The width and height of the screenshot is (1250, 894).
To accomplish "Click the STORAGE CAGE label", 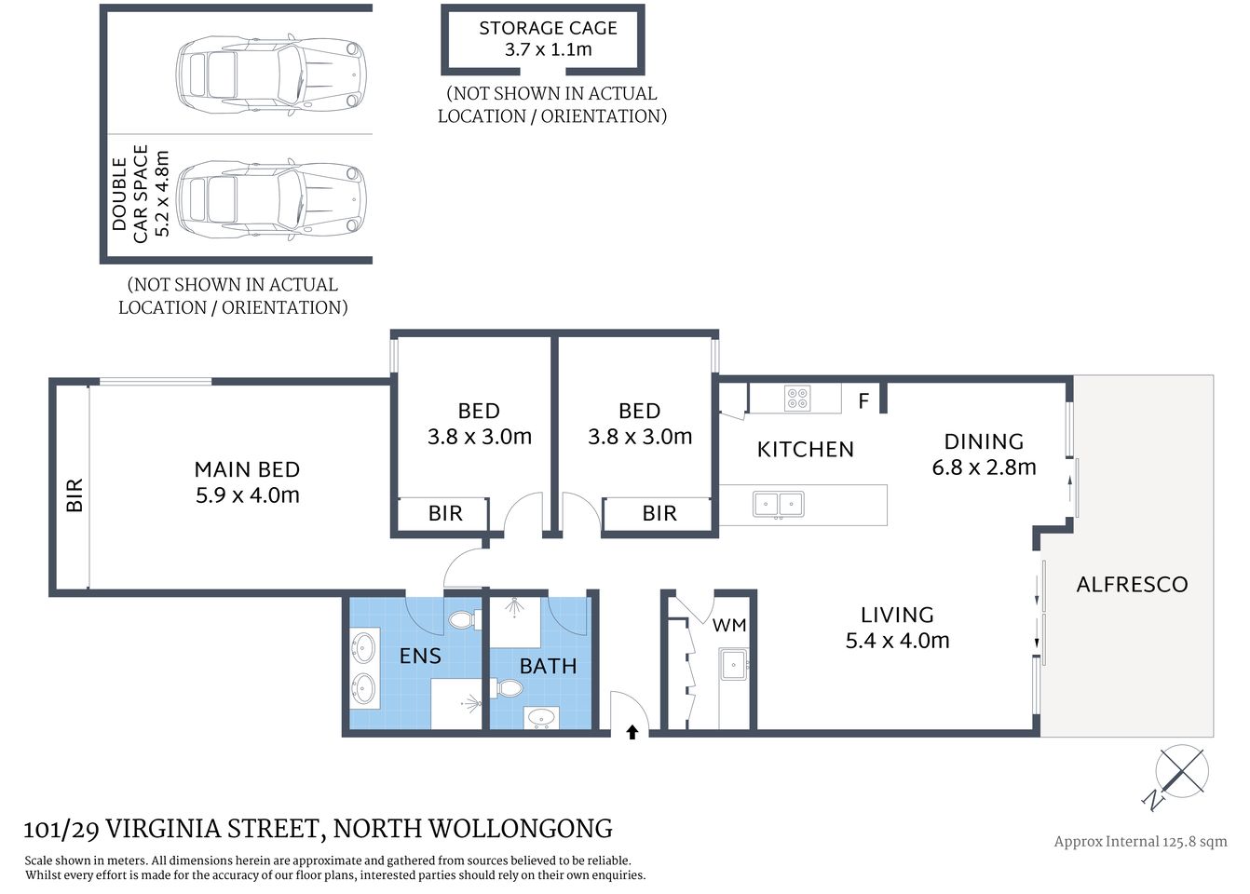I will pyautogui.click(x=548, y=29).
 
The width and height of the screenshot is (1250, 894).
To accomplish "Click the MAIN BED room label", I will pyautogui.click(x=247, y=469).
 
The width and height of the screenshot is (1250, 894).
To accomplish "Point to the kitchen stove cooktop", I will pyautogui.click(x=797, y=399).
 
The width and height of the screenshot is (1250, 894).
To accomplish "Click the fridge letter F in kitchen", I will pyautogui.click(x=863, y=401).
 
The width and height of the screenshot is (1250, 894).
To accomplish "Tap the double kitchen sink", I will pyautogui.click(x=778, y=505).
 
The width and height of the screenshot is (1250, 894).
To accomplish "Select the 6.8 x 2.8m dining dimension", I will pyautogui.click(x=984, y=467).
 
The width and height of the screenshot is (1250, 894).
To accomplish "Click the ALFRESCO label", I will pyautogui.click(x=1132, y=585).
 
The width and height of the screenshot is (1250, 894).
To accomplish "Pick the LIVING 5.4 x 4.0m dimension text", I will pyautogui.click(x=897, y=641).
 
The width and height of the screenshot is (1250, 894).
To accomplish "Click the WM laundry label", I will pyautogui.click(x=729, y=626).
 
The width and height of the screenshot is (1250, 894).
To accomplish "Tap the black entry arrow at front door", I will pyautogui.click(x=632, y=732).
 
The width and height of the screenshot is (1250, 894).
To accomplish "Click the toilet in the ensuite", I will pyautogui.click(x=463, y=619).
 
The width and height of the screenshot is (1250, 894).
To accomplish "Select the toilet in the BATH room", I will pyautogui.click(x=509, y=688).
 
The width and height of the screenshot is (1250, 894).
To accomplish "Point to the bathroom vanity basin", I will pyautogui.click(x=541, y=718).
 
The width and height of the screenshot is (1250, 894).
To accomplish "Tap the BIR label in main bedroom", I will pyautogui.click(x=75, y=494).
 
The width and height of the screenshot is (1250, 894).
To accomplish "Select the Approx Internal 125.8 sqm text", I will pyautogui.click(x=1140, y=842).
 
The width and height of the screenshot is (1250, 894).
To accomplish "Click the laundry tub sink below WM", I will pyautogui.click(x=734, y=665).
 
